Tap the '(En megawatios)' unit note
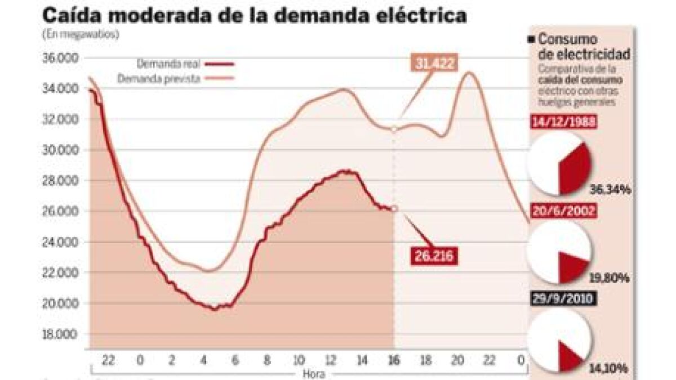81,34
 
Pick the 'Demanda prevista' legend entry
159,79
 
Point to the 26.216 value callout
432,256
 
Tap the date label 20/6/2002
564,211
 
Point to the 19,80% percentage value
610,278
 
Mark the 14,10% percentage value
610,369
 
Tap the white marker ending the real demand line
394,208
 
